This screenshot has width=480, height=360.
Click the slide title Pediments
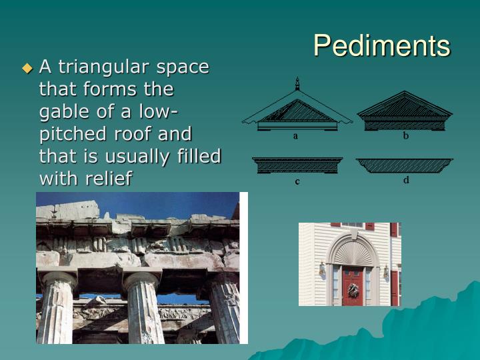point(381,45)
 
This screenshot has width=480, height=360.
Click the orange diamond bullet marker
point(27,67)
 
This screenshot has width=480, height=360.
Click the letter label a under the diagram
point(296,136)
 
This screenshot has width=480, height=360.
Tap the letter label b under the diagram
point(405,136)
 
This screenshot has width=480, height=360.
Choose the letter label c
point(297,181)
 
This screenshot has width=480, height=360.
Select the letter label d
point(405,180)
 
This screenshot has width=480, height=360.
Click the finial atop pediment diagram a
point(297,84)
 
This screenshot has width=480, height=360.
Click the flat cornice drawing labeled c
point(297,165)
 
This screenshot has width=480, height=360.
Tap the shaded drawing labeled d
point(404,165)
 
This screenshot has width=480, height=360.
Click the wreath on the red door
point(353,290)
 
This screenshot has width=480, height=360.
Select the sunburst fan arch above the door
point(352,253)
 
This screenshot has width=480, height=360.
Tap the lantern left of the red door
point(323,270)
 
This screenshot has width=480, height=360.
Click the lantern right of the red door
point(385,271)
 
